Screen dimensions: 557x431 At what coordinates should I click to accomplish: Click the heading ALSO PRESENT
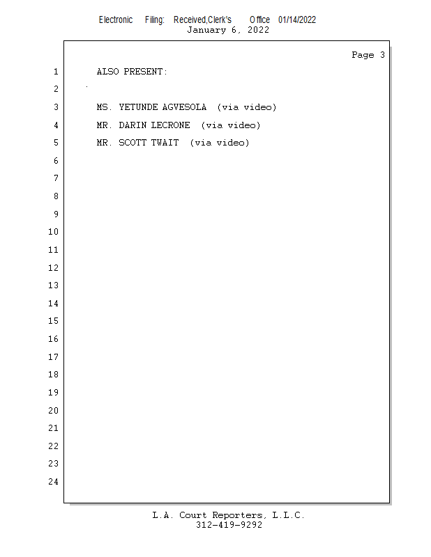click(x=132, y=72)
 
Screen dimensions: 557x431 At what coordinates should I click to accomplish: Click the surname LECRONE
click(x=170, y=125)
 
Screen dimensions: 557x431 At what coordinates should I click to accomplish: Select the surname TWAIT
click(x=165, y=143)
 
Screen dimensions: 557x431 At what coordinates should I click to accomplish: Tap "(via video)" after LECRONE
click(x=230, y=125)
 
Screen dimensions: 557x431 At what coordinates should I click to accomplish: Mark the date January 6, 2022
click(x=228, y=29)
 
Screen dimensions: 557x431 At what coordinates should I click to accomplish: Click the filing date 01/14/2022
click(x=297, y=19)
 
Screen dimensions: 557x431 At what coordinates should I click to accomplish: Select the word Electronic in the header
click(x=116, y=19)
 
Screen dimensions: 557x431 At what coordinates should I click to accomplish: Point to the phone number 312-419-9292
click(x=229, y=525)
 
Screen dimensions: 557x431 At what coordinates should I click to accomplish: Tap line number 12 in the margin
click(x=53, y=268)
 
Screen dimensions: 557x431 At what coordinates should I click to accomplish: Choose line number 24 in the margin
click(x=53, y=482)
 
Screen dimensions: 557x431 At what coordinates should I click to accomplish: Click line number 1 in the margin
click(x=55, y=72)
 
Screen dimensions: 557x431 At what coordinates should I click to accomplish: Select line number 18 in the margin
click(x=53, y=375)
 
